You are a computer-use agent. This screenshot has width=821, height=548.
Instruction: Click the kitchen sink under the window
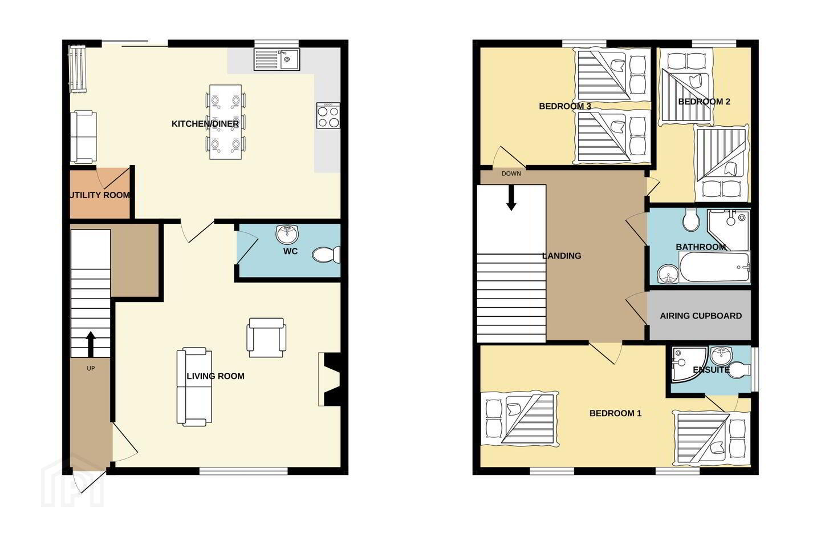277,59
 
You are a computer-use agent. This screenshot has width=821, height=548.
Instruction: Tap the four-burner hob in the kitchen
328,115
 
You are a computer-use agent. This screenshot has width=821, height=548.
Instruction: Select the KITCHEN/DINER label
205,124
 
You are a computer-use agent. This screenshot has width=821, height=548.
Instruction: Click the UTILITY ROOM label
100,195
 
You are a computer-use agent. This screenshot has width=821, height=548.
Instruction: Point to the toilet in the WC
326,255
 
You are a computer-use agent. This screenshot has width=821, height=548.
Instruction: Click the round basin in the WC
287,235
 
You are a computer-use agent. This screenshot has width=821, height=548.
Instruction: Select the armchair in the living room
266,337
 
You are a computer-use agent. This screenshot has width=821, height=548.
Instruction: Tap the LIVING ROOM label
216,376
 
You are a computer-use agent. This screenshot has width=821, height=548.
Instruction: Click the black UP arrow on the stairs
91,344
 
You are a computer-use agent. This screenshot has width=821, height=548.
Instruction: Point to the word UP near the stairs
91,368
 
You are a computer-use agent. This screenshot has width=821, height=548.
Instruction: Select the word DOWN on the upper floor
511,174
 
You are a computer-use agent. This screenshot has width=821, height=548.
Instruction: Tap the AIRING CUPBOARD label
701,316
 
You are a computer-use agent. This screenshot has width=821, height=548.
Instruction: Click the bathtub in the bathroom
714,267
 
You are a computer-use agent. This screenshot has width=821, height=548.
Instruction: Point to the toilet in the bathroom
692,220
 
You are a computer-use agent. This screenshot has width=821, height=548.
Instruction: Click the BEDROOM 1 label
615,413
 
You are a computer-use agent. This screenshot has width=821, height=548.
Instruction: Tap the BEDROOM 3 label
565,106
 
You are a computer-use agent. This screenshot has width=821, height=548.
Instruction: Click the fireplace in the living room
330,380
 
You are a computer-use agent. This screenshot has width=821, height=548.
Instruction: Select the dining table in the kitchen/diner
225,122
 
